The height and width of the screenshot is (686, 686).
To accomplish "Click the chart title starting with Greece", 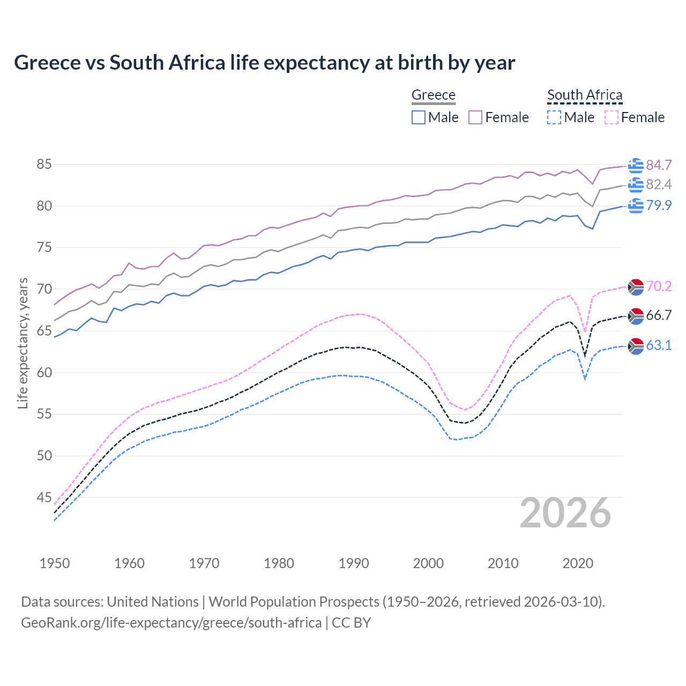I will [264, 63].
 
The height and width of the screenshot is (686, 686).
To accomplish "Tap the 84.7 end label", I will [659, 165].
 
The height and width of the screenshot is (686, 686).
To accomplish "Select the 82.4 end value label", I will [659, 185].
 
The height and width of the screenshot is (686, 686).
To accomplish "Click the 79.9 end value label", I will [659, 205].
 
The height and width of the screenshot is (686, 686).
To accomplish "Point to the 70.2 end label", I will [659, 287].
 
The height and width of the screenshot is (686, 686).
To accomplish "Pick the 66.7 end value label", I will [659, 316].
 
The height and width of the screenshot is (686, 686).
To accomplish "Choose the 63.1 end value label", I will [659, 346].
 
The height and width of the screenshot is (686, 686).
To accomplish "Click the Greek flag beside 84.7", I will [636, 166].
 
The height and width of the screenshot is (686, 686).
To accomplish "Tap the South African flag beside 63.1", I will [636, 346].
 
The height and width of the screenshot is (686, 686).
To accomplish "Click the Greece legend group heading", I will [433, 95].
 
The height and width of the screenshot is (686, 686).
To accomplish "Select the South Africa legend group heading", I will [585, 95].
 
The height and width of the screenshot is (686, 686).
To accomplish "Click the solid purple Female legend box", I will [475, 117].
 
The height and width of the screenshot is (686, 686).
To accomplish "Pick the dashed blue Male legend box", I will [554, 117].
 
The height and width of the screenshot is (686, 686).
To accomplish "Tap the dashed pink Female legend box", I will [612, 117].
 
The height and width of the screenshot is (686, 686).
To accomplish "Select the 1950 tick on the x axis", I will [55, 563].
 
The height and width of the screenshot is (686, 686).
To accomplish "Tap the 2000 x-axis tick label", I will [428, 563].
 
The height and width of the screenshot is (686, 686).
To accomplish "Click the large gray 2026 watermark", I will [565, 513].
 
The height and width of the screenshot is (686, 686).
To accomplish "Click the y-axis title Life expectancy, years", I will [23, 343].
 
